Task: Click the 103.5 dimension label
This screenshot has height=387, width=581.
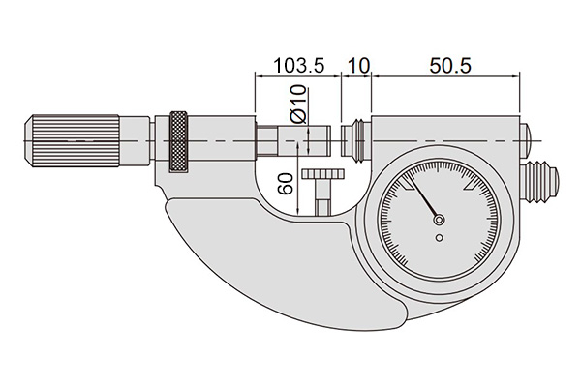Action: pos(298,66)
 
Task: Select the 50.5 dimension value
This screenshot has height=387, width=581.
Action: pos(450,66)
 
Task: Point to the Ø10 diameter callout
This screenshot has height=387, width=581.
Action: pos(298,104)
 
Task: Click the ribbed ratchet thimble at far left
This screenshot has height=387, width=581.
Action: pos(72,140)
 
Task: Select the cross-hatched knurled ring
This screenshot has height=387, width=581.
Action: pos(178,141)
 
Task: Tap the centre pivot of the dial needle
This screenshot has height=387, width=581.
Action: pos(439,220)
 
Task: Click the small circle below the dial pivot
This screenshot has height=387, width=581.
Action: pos(439,238)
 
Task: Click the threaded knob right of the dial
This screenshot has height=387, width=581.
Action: pos(539,182)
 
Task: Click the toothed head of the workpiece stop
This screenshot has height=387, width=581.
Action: pos(323,174)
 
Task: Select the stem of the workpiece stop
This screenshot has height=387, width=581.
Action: pos(322,197)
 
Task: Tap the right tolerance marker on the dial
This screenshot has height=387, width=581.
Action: pos(471,184)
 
